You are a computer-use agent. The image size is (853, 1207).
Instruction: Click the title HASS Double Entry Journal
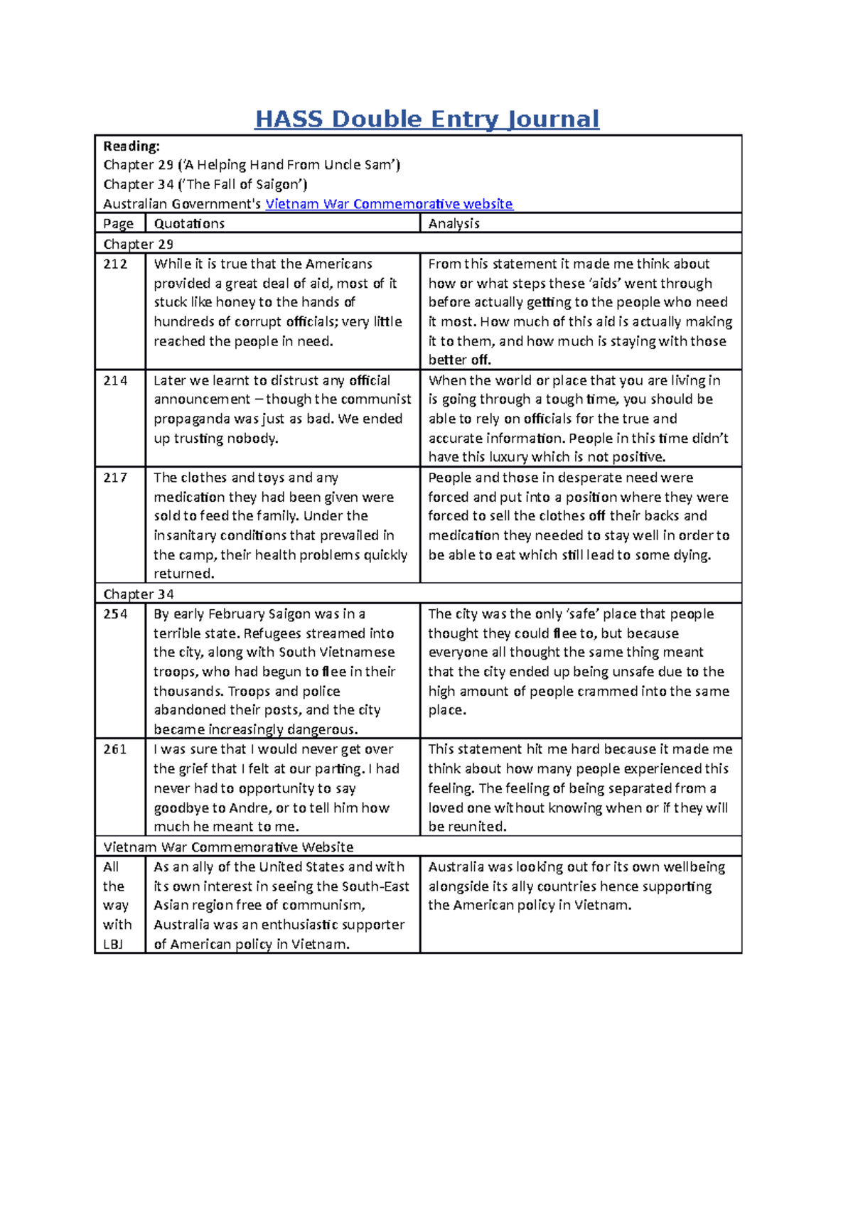click(x=426, y=119)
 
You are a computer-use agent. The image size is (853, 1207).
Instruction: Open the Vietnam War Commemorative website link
click(x=389, y=204)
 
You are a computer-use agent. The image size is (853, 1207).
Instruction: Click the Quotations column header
click(x=189, y=224)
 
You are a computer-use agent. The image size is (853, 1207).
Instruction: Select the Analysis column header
click(x=454, y=224)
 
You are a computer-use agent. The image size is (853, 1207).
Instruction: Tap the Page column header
click(x=118, y=224)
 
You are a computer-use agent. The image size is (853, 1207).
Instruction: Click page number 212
click(x=115, y=264)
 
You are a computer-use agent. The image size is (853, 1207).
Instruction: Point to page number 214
click(x=115, y=381)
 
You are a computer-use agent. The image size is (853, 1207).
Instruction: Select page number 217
click(x=115, y=478)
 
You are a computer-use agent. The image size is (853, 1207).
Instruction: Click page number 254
click(x=115, y=614)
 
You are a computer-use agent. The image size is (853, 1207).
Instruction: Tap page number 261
click(x=115, y=749)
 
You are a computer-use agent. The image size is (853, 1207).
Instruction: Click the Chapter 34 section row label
click(x=139, y=594)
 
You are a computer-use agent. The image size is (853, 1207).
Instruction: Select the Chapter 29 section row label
click(x=139, y=245)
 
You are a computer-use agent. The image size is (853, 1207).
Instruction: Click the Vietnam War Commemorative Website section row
click(x=228, y=847)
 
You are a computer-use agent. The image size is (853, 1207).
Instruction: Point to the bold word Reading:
click(x=132, y=146)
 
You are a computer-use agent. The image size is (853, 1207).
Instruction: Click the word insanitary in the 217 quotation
click(x=189, y=536)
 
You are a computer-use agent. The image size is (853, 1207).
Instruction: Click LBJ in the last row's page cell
click(x=113, y=945)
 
